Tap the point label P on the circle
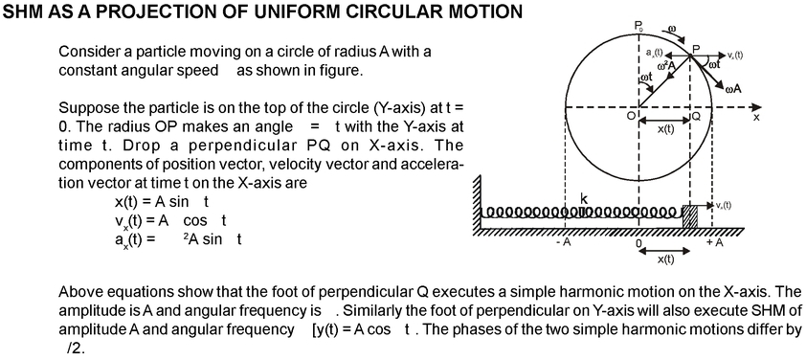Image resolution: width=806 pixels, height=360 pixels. pyautogui.click(x=696, y=48)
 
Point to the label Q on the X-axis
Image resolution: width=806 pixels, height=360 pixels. pyautogui.click(x=696, y=115)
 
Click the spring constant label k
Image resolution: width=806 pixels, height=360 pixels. pyautogui.click(x=582, y=197)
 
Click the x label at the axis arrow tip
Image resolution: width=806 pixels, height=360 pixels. pyautogui.click(x=756, y=117)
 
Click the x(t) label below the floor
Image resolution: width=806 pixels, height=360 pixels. pyautogui.click(x=666, y=259)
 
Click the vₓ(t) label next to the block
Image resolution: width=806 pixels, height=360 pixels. pyautogui.click(x=722, y=205)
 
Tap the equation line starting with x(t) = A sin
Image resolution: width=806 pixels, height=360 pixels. pyautogui.click(x=162, y=202)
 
